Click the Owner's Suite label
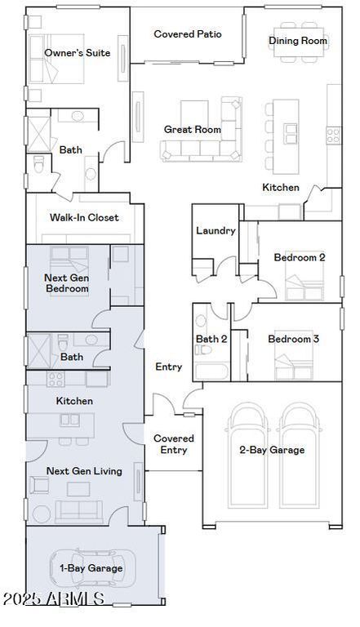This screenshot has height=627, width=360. (x=78, y=53)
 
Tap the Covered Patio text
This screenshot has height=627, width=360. (x=188, y=34)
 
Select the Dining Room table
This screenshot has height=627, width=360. (x=299, y=42)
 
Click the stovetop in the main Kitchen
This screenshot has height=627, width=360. (x=334, y=136)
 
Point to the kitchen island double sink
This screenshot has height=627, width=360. (x=291, y=134)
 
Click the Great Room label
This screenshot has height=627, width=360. (x=193, y=130)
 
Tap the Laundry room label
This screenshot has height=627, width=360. (x=216, y=231)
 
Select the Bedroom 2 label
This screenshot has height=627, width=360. (x=300, y=257)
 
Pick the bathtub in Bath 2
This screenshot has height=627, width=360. (x=211, y=371)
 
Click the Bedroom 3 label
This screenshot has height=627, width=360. (x=293, y=339)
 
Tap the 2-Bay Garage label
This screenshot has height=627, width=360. (x=272, y=450)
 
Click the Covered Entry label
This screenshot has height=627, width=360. (x=174, y=444)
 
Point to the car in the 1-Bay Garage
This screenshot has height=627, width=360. (x=92, y=568)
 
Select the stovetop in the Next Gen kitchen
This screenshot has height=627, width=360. (x=56, y=379)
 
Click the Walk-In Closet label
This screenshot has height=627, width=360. (x=84, y=217)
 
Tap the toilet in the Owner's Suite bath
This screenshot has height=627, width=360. (x=38, y=164)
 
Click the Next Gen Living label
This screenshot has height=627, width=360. (x=84, y=471)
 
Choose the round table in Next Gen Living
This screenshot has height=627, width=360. (x=42, y=514)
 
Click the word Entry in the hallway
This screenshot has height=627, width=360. (x=168, y=367)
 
